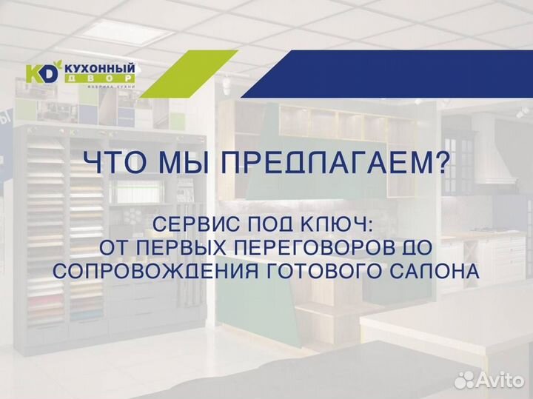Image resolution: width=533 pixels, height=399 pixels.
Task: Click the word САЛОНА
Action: pos(437,272)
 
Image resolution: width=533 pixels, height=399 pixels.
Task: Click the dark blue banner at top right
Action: pos(400,75)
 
